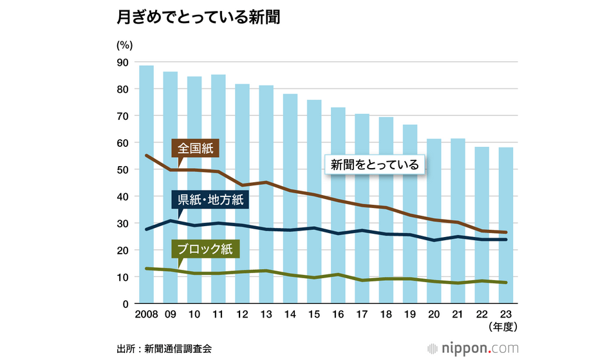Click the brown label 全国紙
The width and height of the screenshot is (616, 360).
point(196,149)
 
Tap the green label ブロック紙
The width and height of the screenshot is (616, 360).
point(205,249)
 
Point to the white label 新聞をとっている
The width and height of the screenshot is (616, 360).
point(375,165)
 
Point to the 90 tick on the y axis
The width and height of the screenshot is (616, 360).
point(122,62)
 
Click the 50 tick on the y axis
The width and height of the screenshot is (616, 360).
point(122,169)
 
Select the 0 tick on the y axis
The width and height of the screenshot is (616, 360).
point(125,304)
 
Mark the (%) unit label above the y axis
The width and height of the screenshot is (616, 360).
point(124,45)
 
